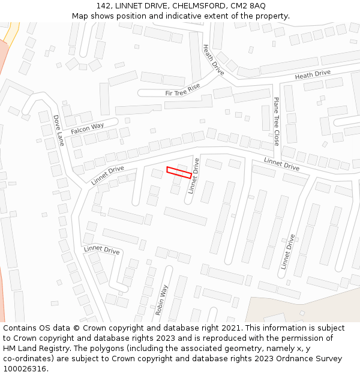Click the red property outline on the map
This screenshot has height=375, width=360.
pyautogui.click(x=179, y=172)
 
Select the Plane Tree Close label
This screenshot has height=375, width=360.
pyautogui.click(x=276, y=121)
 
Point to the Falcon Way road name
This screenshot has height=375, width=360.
pyautogui.click(x=87, y=128)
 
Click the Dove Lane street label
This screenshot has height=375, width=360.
pyautogui.click(x=58, y=130)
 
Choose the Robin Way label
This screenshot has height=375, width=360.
pyautogui.click(x=161, y=300)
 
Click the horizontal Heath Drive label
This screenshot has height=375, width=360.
pyautogui.click(x=313, y=75)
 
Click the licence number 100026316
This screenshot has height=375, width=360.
pyautogui.click(x=26, y=369)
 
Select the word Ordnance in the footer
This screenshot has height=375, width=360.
pyautogui.click(x=290, y=359)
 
